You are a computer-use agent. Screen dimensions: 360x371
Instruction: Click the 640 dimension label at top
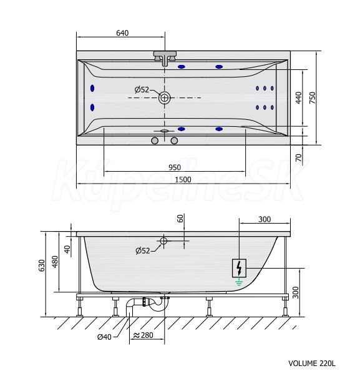(x=122, y=33)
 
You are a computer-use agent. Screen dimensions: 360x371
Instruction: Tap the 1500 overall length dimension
(x=183, y=180)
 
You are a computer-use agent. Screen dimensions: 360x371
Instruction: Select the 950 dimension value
(x=175, y=167)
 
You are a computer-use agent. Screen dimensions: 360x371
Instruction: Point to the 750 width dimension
(x=312, y=97)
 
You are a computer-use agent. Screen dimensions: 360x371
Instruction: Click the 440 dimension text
(x=298, y=97)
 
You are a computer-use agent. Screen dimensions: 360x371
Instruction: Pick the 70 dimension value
(x=298, y=157)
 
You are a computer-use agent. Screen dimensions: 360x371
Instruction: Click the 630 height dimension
(x=42, y=265)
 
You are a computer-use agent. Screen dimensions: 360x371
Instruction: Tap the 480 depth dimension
(x=55, y=262)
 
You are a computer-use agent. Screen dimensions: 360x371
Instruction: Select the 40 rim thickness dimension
(x=67, y=249)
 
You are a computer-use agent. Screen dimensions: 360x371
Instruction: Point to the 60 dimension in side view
(x=180, y=218)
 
